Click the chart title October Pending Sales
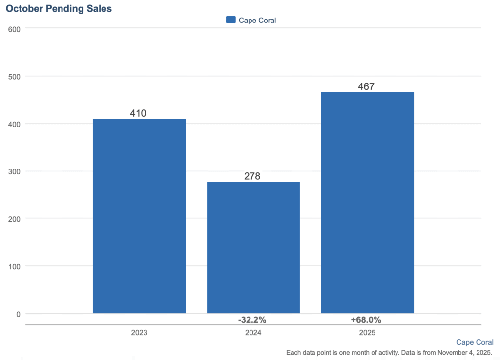pos(59,9)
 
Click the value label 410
pos(138,113)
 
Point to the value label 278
pos(252,176)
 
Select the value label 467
pos(366,86)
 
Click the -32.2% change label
pos(252,320)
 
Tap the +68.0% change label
pos(366,320)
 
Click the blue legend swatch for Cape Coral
pos(231,20)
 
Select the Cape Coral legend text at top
pos(257,20)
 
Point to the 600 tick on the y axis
pos(15,29)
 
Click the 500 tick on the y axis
pos(15,76)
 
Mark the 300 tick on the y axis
pos(15,171)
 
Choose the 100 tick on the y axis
pos(15,266)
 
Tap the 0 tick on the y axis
pos(18,314)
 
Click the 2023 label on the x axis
pos(139,333)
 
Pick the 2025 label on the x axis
pos(367,333)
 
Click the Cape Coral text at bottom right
pos(475,342)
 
